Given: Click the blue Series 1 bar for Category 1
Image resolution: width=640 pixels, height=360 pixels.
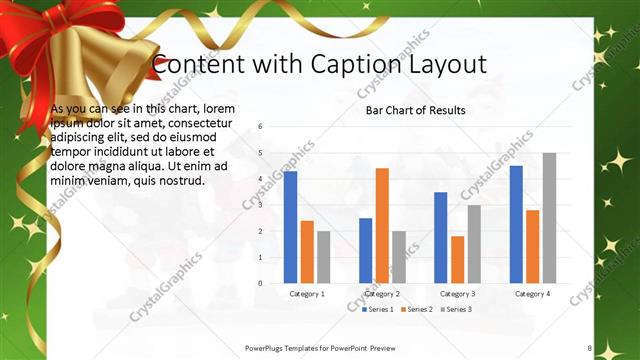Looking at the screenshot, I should (x=290, y=227).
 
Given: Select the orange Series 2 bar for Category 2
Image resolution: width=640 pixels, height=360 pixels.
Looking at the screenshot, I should (x=382, y=225).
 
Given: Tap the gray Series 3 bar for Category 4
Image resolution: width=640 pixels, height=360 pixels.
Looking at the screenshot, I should (x=549, y=218).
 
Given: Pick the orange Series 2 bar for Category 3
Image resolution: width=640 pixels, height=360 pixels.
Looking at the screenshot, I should (x=457, y=260).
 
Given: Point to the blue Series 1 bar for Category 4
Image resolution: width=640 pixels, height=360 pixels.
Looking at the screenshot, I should (x=516, y=224).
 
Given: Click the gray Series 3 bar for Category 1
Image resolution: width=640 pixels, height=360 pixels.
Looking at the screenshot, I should (x=324, y=257).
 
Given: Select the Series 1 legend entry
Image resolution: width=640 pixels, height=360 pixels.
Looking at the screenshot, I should (x=377, y=310).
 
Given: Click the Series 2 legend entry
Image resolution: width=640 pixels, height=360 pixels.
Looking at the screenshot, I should (x=416, y=310).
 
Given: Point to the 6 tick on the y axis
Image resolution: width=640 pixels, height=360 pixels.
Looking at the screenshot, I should (x=260, y=127).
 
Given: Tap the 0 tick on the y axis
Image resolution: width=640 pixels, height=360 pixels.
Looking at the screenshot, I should (x=260, y=283).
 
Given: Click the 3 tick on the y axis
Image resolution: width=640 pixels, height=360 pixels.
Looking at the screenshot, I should (x=260, y=205).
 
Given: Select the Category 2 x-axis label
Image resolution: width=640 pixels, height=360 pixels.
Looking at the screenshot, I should (x=382, y=294).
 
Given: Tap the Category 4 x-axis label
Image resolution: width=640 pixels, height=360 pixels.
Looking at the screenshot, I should (x=532, y=294).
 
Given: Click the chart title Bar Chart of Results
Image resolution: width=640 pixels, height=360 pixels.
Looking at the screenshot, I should (x=415, y=109).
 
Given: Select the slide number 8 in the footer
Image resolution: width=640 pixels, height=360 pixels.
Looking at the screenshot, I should (x=590, y=348).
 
